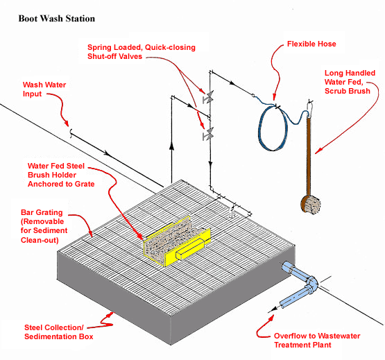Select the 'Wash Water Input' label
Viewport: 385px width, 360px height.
click(x=44, y=89)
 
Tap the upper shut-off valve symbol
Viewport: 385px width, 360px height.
click(x=206, y=99)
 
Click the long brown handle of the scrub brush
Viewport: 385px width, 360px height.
click(x=305, y=153)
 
